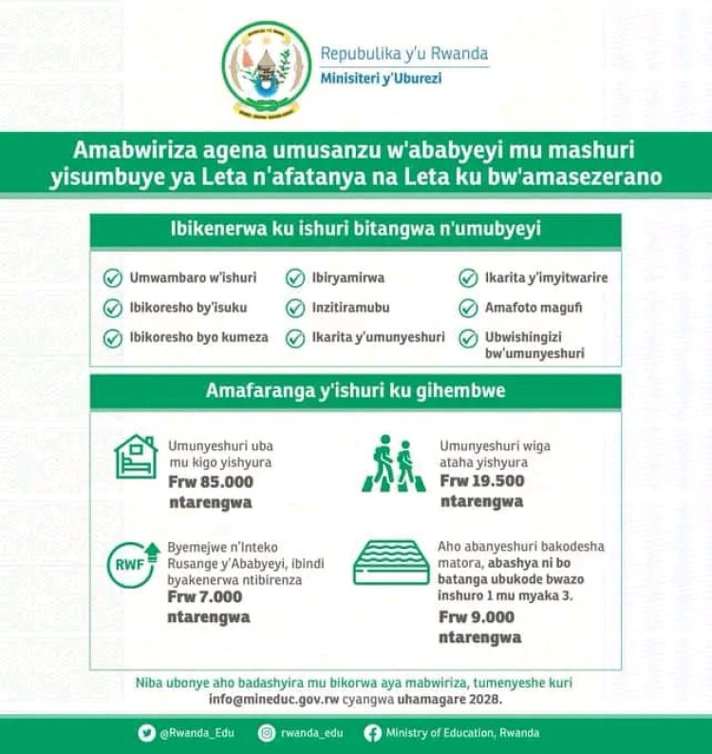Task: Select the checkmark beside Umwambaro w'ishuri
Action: point(113,278)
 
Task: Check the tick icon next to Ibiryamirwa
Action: point(295,278)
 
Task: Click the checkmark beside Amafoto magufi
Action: point(467,309)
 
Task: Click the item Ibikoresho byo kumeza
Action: point(198,338)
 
